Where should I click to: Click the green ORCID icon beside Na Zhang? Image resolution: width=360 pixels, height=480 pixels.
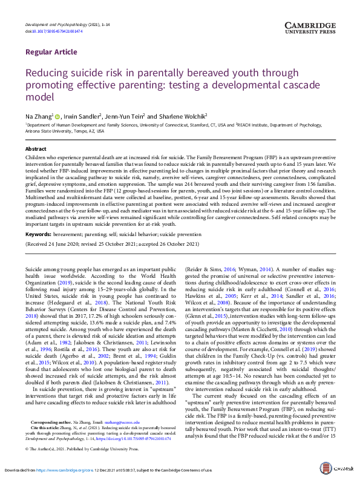point(58,116)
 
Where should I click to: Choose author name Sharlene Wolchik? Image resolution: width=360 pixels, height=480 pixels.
point(182,116)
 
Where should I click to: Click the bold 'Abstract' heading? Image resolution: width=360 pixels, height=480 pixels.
point(36,148)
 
